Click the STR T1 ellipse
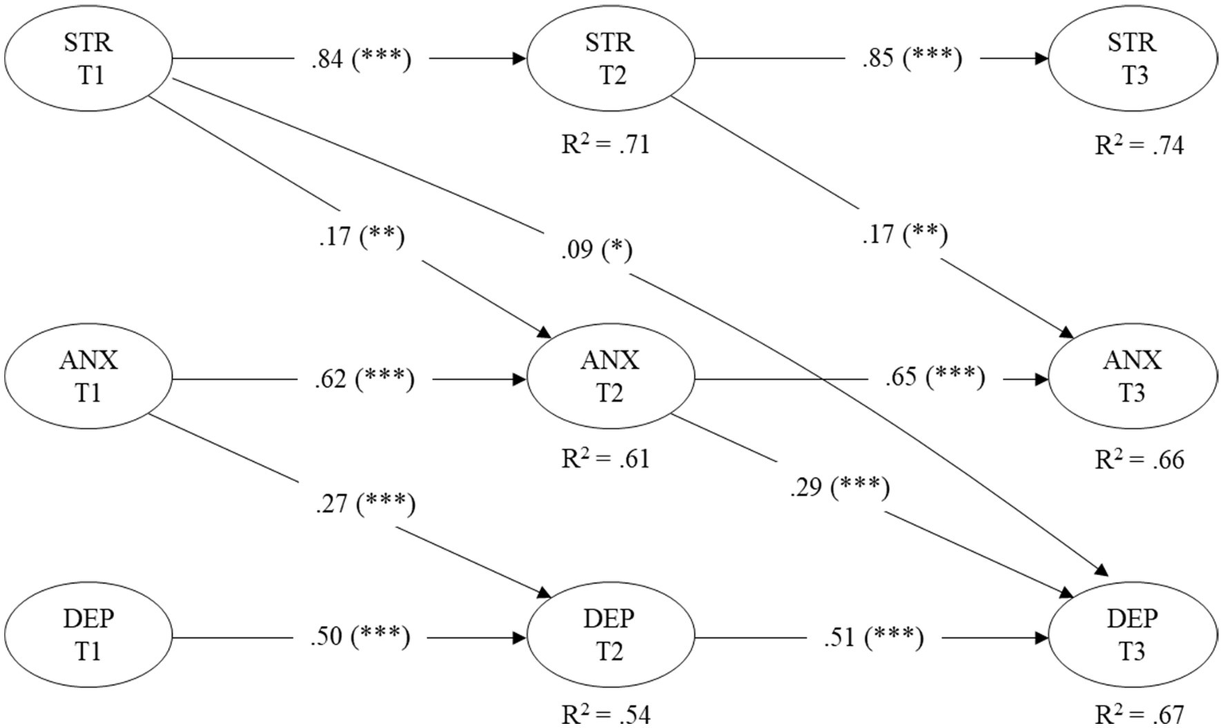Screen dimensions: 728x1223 pos(88,59)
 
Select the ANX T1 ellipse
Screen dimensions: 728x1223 pos(88,377)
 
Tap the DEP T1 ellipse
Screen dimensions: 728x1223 pos(88,636)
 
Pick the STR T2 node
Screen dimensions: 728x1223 pos(610,59)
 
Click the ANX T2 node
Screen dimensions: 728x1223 pos(610,377)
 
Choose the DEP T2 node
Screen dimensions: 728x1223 pos(610,636)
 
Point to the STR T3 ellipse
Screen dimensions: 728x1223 pos(1133,59)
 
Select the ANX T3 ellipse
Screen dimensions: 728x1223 pos(1133,377)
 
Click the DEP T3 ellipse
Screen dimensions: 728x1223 pos(1133,636)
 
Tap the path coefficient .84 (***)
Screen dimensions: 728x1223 pos(361,59)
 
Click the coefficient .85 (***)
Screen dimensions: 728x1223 pos(911,59)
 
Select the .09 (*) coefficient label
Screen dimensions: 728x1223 pos(596,250)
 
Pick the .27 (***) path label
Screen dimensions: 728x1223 pos(365,504)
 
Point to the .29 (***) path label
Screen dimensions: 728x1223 pos(840,487)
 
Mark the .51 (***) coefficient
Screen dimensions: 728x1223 pos(873,638)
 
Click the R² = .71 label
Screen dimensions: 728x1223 pos(606,145)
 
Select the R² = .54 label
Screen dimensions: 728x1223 pos(606,714)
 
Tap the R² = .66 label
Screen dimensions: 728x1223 pos(1139,460)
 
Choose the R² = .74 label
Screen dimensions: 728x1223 pos(1139,146)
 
